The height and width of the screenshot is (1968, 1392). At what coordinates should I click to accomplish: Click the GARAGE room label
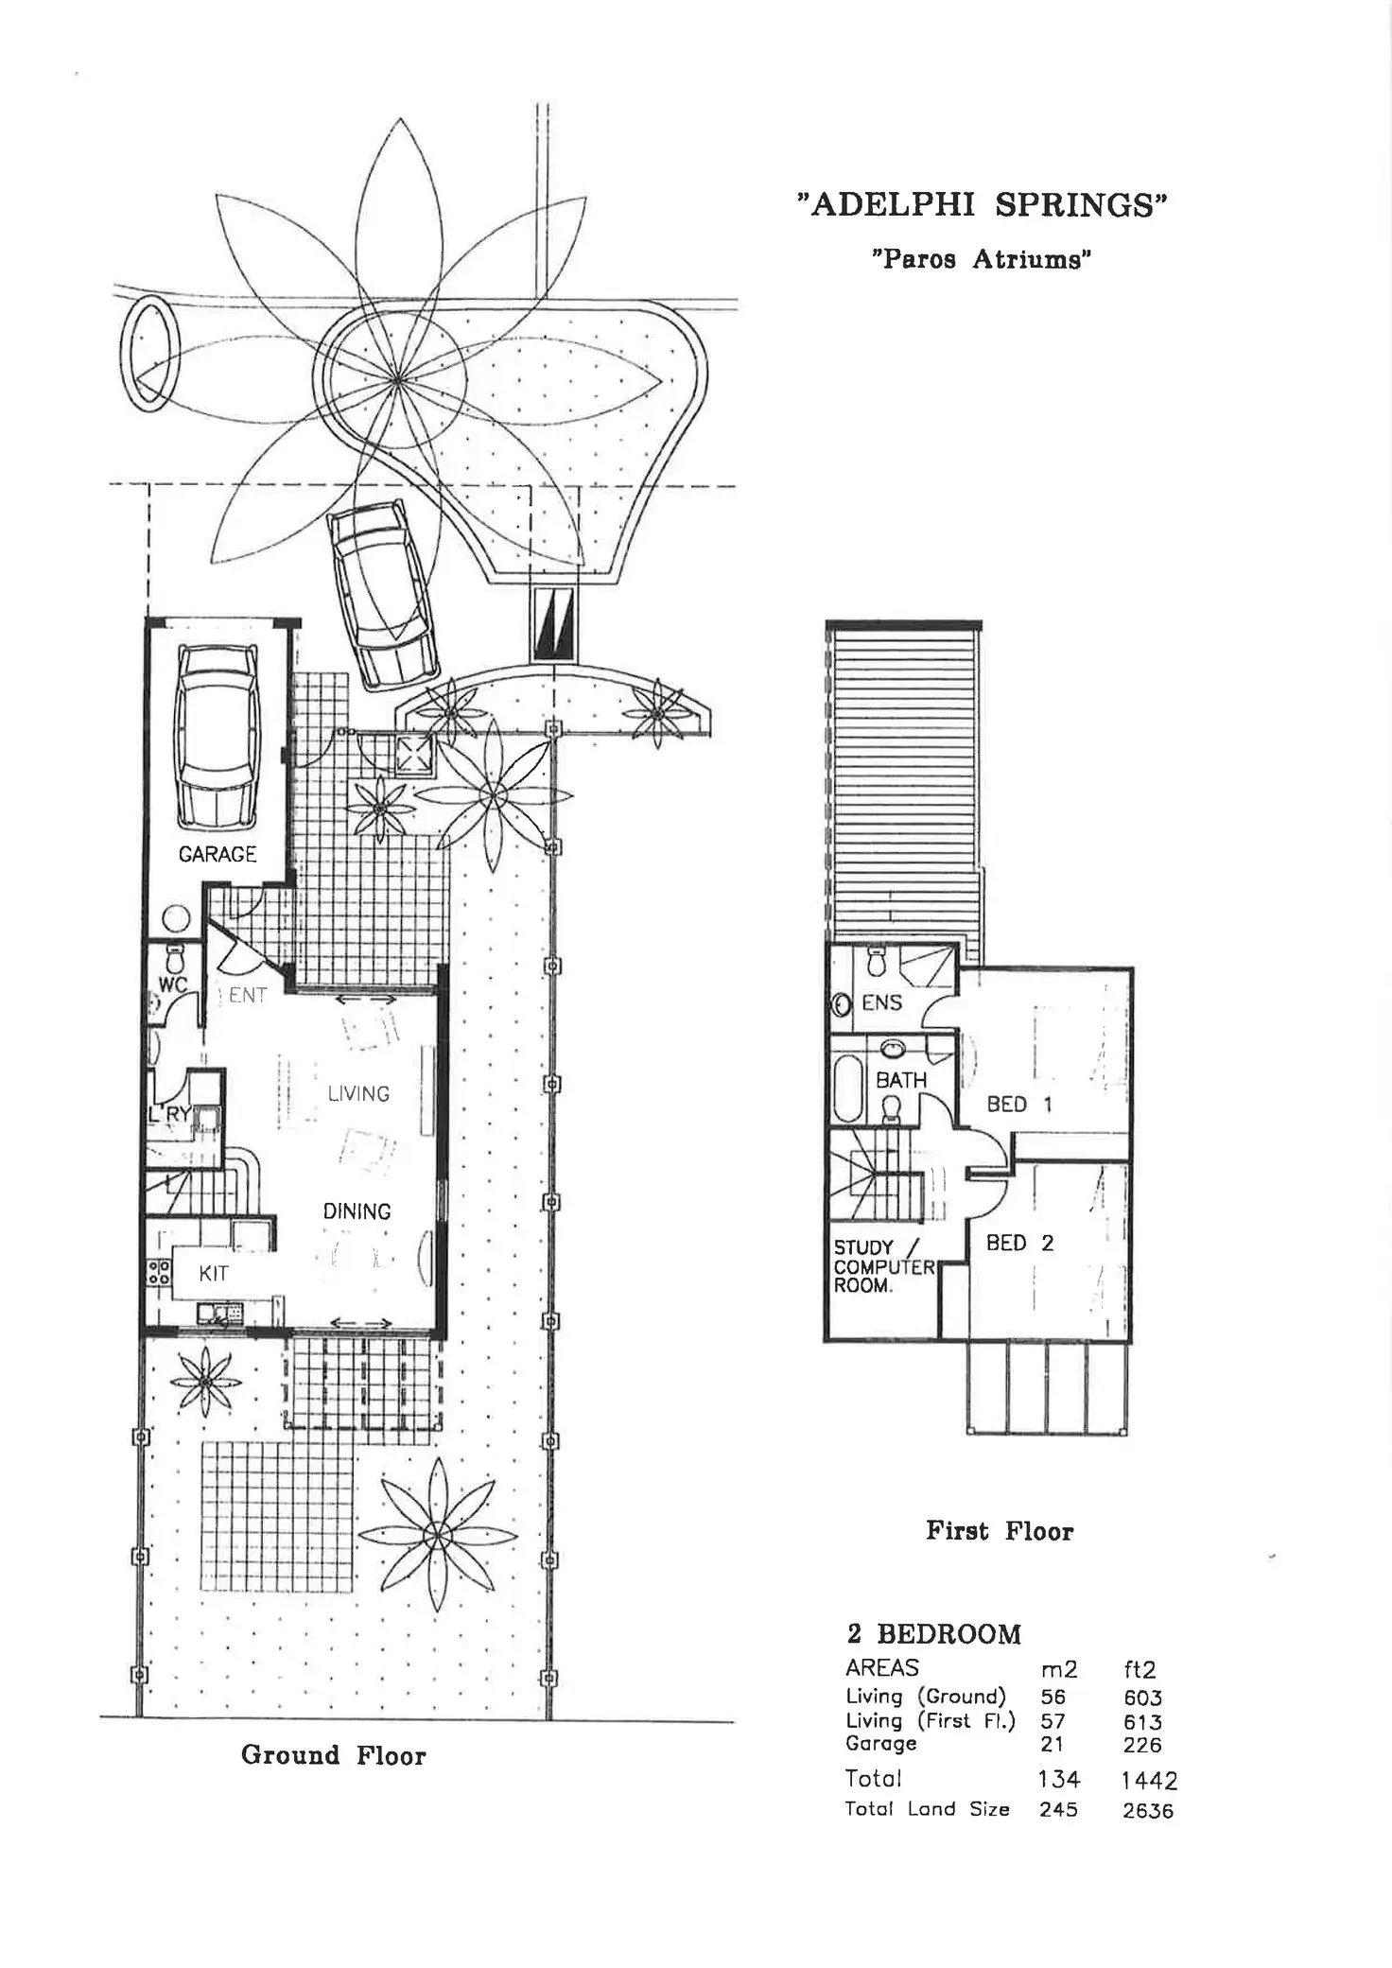[217, 854]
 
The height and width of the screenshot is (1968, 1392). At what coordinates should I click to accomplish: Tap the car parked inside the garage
[217, 736]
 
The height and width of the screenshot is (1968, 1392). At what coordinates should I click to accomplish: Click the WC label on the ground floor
[172, 984]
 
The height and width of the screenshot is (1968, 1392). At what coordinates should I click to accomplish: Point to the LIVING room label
[358, 1093]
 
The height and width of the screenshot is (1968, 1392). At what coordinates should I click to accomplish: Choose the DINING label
[357, 1211]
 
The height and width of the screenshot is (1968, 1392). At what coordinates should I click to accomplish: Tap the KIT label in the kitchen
[214, 1274]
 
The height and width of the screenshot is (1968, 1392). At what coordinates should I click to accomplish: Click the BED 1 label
[1018, 1104]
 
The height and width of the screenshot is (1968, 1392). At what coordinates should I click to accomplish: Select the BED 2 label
[1018, 1243]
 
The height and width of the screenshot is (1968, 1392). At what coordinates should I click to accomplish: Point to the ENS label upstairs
[881, 1002]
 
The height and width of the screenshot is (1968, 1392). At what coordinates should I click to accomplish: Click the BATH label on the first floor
[900, 1080]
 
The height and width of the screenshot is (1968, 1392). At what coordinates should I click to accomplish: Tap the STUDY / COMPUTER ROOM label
[881, 1267]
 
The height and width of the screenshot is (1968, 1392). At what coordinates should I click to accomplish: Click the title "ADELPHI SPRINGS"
[983, 204]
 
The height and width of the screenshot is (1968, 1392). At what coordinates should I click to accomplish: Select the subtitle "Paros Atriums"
[982, 259]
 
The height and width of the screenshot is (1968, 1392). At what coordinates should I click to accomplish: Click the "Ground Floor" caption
[334, 1755]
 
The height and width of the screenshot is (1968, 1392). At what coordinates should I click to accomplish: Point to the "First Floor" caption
[1000, 1531]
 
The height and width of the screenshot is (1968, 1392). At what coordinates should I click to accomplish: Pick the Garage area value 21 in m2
[1052, 1745]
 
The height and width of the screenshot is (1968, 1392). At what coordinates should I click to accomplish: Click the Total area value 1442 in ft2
[1149, 1781]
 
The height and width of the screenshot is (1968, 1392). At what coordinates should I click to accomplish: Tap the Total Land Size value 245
[1057, 1810]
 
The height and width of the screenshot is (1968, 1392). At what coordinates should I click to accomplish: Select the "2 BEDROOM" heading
[933, 1634]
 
